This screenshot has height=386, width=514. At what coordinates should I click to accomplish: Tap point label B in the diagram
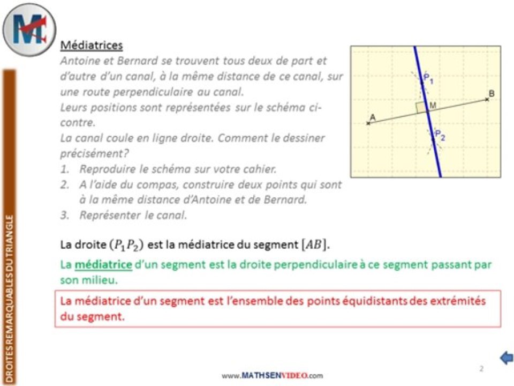(x=492, y=94)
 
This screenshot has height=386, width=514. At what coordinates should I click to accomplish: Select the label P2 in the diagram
(x=440, y=135)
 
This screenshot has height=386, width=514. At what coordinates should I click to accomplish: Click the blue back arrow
(x=506, y=358)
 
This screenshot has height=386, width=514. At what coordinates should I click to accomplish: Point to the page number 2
(x=481, y=368)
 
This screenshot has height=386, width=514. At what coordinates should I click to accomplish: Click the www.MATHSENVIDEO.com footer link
(x=273, y=375)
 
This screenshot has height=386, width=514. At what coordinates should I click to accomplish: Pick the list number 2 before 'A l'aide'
(x=64, y=184)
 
